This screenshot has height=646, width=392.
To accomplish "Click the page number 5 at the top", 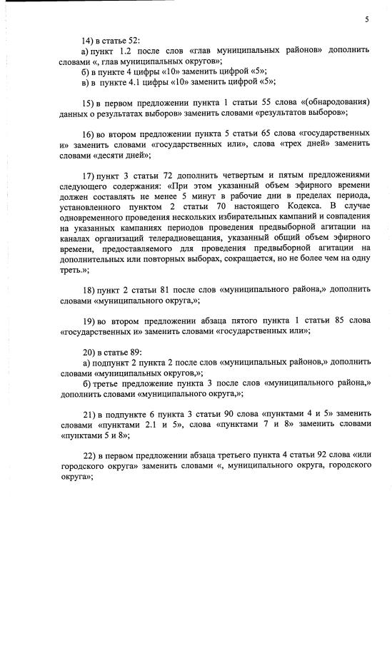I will pyautogui.click(x=366, y=20).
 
